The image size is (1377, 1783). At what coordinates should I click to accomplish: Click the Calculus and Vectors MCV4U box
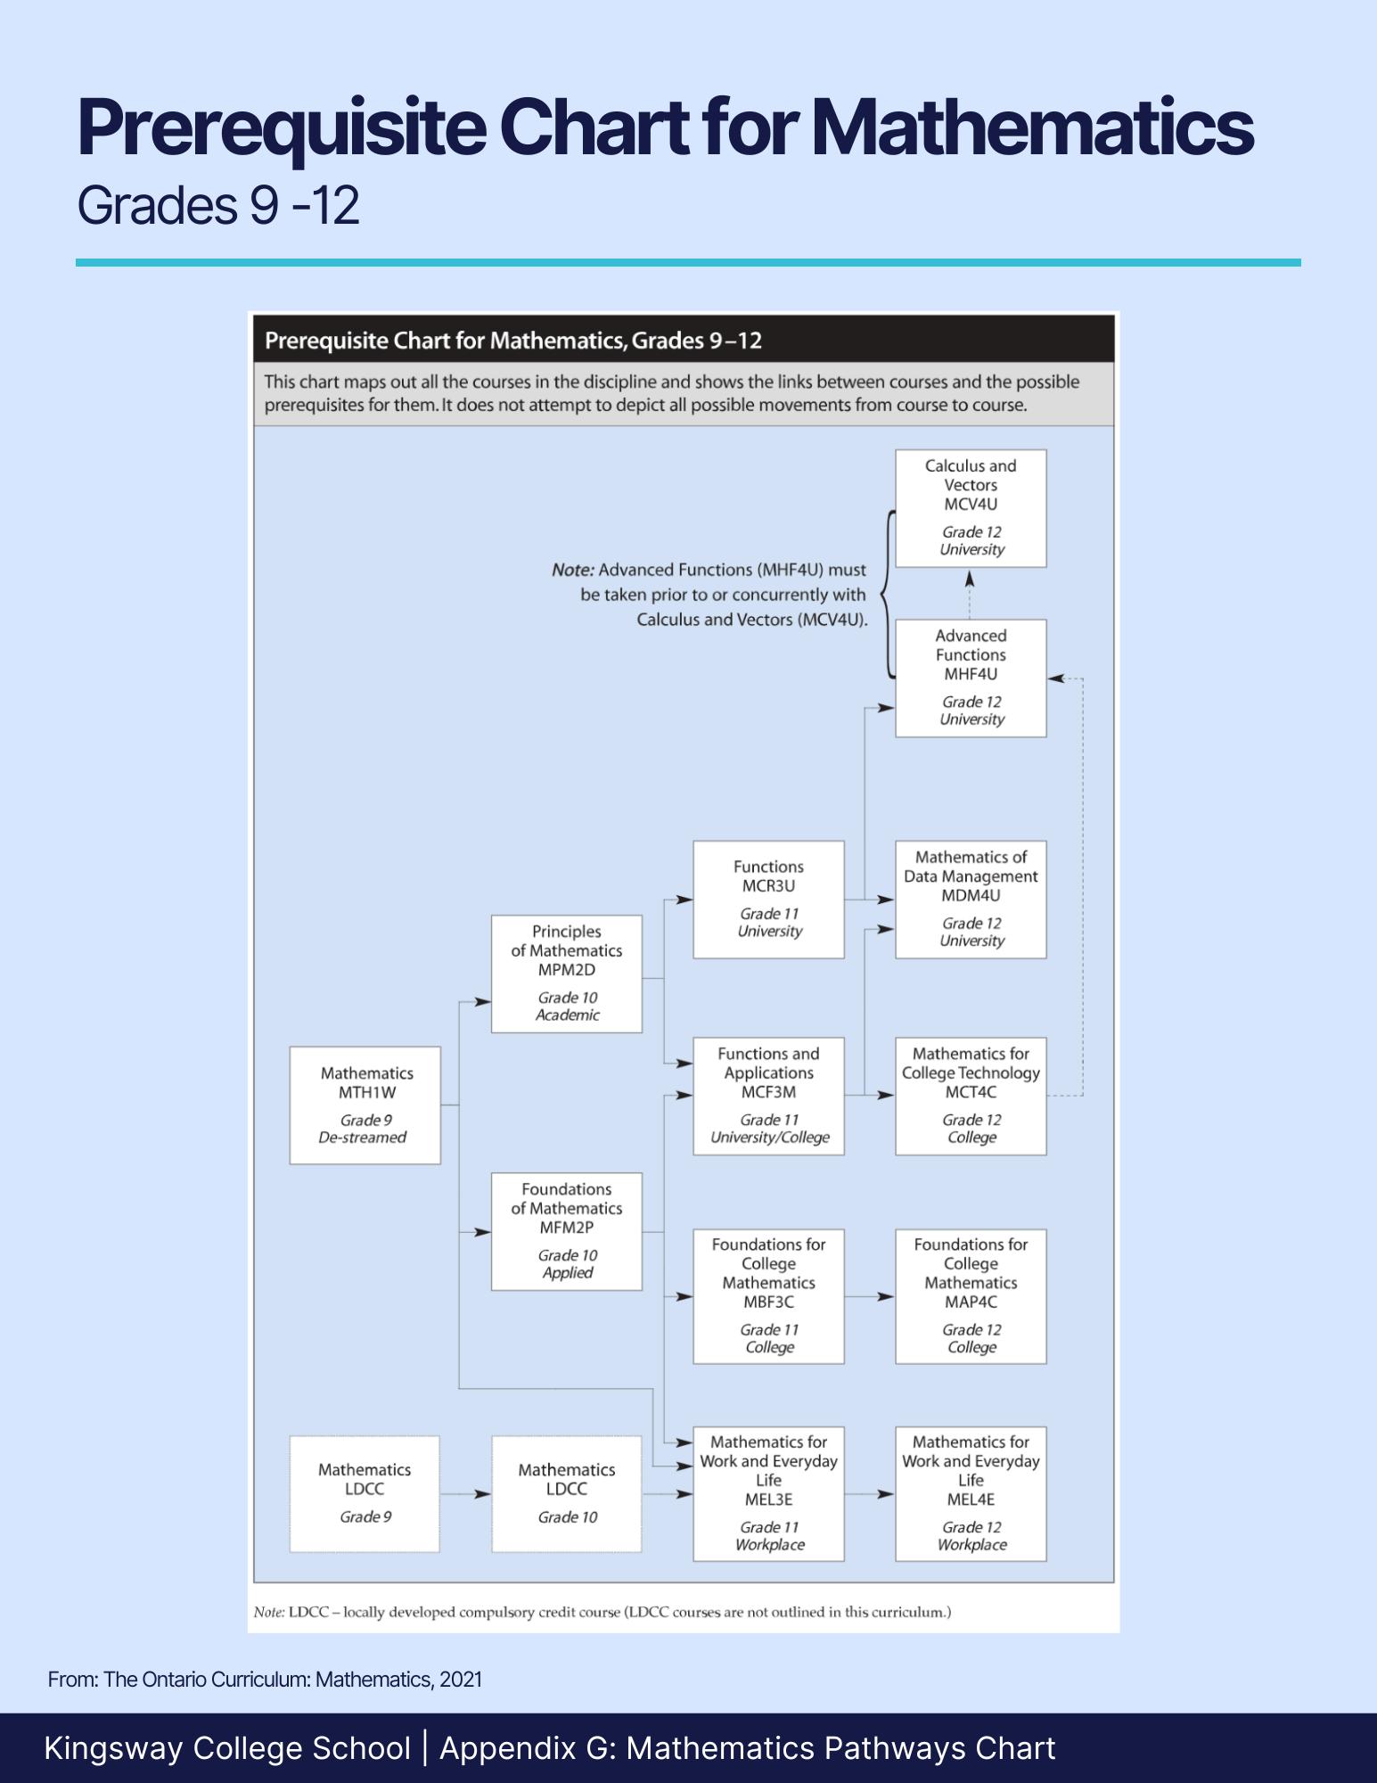[971, 508]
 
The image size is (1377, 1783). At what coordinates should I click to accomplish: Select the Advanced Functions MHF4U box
[971, 678]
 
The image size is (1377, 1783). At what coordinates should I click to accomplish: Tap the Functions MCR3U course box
[768, 900]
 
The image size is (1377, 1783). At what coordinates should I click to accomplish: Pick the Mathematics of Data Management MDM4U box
[971, 900]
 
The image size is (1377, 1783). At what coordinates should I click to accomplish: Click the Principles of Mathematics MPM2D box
[567, 974]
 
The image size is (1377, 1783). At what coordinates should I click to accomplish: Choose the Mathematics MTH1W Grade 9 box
[365, 1105]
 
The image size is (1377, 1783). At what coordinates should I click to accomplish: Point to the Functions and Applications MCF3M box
[768, 1097]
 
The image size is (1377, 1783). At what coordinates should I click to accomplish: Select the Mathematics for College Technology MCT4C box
[971, 1097]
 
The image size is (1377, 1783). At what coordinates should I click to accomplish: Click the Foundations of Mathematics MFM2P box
[567, 1231]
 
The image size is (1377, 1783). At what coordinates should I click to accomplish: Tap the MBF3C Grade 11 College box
[768, 1296]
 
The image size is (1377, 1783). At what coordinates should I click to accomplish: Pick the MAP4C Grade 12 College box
[971, 1296]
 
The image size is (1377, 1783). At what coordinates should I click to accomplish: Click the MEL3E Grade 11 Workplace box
[768, 1493]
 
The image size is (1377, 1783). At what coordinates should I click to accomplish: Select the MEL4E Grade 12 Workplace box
[971, 1493]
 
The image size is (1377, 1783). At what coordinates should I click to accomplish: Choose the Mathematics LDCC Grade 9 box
[365, 1493]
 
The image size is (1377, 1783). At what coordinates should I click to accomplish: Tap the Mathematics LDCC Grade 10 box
[567, 1493]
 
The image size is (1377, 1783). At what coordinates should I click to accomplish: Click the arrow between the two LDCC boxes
[465, 1494]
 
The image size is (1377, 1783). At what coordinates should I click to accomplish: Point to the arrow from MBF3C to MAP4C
[870, 1297]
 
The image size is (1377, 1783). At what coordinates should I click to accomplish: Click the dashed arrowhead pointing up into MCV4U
[971, 579]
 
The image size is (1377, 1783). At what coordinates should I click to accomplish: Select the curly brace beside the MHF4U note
[888, 594]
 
